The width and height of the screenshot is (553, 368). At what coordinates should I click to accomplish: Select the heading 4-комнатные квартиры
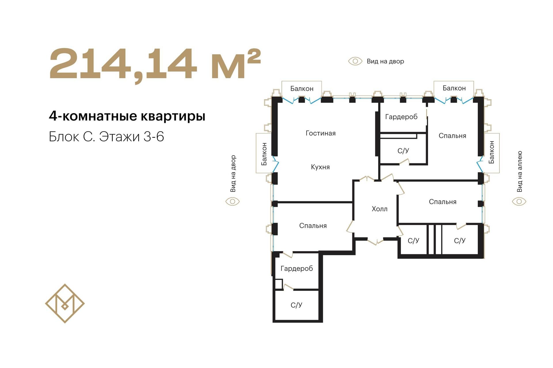point(127,116)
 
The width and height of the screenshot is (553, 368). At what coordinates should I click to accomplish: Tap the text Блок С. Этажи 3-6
point(106,137)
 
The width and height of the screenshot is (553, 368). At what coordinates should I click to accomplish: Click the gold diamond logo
point(65,303)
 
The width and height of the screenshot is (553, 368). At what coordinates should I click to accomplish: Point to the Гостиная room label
point(321,133)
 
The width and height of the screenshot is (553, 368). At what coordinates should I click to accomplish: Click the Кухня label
point(320,167)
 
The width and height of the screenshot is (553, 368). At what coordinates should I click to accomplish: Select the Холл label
point(379,209)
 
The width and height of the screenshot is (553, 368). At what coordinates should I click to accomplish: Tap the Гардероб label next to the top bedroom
point(401,117)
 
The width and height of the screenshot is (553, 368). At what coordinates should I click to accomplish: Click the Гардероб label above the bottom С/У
point(297,269)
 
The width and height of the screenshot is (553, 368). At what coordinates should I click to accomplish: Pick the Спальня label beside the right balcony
point(452,136)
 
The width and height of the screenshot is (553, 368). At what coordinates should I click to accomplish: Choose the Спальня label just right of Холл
point(443,202)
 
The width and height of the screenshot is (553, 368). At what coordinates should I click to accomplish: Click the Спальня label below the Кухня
point(313,226)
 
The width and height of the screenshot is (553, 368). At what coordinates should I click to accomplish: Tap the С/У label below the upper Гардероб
point(403,151)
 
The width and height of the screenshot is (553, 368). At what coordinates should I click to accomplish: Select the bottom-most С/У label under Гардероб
point(296,305)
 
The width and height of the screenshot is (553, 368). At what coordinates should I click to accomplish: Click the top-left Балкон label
point(302,89)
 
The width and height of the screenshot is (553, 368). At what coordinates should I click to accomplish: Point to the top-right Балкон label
point(454,88)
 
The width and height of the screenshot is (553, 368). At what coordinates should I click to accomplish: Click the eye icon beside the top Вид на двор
point(355,61)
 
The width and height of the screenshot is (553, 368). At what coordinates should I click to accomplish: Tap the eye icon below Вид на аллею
point(519,202)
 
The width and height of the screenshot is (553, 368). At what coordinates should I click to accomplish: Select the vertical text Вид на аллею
point(519,171)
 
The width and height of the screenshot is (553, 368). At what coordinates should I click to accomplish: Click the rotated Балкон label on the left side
point(264,154)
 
